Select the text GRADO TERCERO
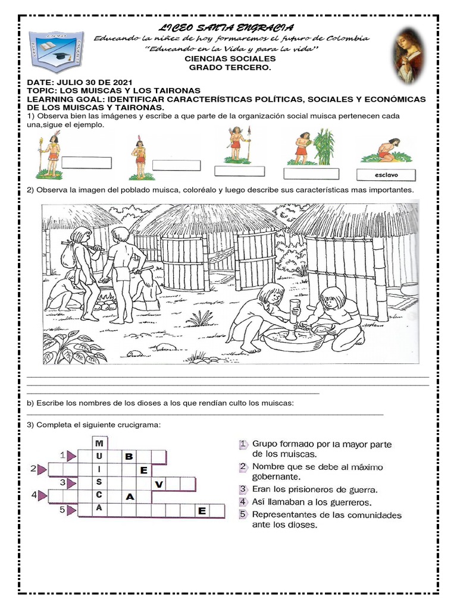point(230,68)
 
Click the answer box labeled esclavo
point(386,175)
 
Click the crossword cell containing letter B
point(129,457)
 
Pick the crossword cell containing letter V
point(158,485)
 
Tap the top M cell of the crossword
point(99,444)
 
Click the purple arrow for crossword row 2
point(42,470)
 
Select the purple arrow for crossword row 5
point(71,510)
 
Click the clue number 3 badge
point(243,489)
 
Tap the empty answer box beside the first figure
point(87,162)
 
